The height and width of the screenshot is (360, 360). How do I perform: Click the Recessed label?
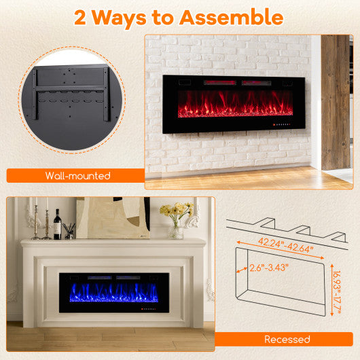click(288, 339)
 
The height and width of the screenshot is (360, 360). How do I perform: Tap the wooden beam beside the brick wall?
click(336, 102)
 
